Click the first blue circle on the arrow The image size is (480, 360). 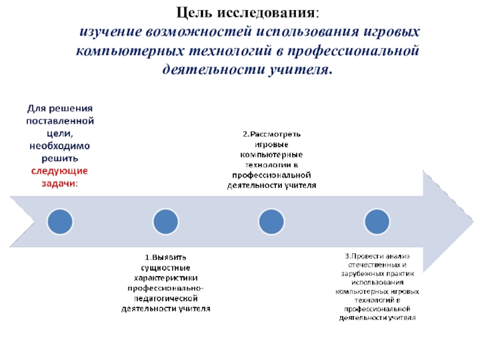click(59, 221)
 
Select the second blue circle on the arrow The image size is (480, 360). click(166, 221)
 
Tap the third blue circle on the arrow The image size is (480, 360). click(271, 221)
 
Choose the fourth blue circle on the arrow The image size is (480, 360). click(376, 221)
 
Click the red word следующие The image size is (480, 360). click(59, 171)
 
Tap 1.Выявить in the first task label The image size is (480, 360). click(166, 256)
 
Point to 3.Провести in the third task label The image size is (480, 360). click(364, 256)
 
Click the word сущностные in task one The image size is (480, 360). click(166, 266)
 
